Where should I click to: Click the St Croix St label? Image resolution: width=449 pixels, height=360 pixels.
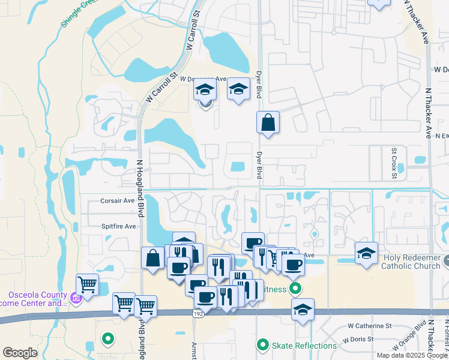pyautogui.click(x=394, y=158)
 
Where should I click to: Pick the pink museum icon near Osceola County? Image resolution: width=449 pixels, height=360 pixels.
pyautogui.click(x=76, y=298)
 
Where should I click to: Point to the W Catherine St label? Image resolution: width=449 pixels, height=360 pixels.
pyautogui.click(x=370, y=326)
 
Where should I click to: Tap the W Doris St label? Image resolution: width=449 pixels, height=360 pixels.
pyautogui.click(x=363, y=340)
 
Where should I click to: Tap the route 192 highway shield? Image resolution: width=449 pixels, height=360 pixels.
pyautogui.click(x=197, y=314)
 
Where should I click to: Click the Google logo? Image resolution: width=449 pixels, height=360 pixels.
pyautogui.click(x=20, y=353)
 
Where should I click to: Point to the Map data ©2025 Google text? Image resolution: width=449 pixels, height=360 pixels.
pyautogui.click(x=411, y=355)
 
